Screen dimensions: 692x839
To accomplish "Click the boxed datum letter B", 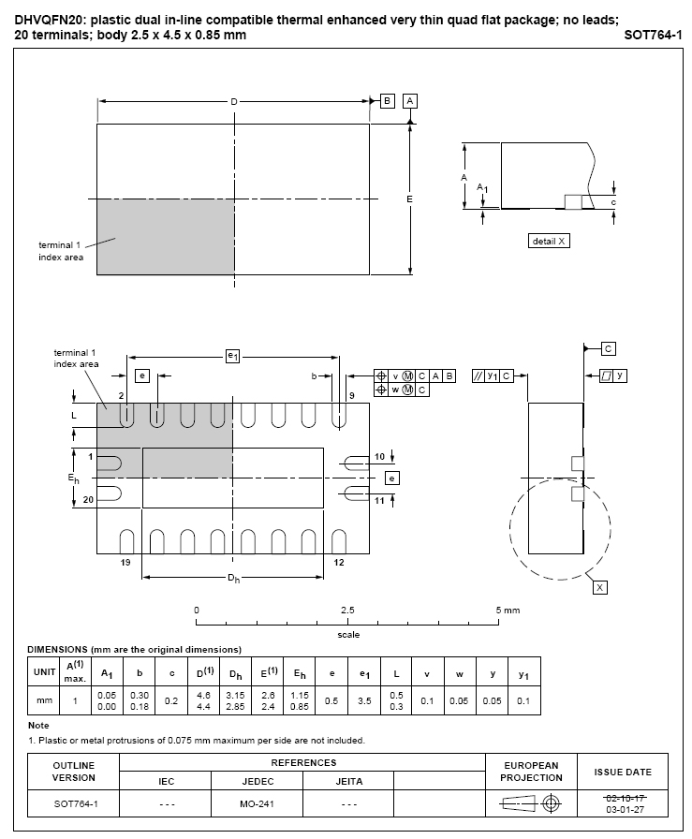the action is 387,101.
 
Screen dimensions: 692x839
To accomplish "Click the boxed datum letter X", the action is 600,587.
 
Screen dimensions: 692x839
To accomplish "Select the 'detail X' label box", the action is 549,241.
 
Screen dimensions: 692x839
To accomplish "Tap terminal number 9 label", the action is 352,396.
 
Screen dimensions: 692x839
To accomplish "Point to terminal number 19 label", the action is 125,563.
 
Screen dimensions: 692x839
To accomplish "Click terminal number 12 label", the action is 339,563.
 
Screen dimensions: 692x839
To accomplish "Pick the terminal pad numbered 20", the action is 109,493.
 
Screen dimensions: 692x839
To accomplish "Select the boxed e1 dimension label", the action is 233,356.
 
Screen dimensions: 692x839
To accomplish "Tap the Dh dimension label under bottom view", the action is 233,579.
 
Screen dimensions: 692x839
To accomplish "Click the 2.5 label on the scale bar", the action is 347,610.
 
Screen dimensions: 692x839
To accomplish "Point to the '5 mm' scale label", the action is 508,610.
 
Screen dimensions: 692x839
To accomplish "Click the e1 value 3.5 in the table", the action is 364,700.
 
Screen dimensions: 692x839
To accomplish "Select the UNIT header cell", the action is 44,672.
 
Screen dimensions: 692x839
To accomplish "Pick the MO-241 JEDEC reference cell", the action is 257,803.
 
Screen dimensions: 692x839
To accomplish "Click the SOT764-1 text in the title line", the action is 653,36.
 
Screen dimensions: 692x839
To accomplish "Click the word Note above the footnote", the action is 38,725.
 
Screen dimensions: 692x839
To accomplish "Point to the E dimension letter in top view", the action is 409,199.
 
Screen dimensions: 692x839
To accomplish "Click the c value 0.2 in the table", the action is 171,700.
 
